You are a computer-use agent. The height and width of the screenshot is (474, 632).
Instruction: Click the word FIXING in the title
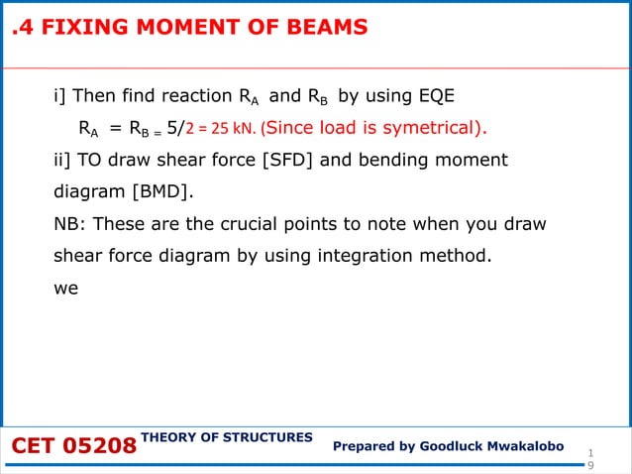tap(78, 28)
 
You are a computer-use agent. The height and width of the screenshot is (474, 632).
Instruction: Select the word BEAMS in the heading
tap(323, 28)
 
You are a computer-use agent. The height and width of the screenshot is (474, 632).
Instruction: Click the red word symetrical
tap(430, 129)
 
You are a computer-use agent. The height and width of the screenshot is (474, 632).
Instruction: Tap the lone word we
tap(64, 287)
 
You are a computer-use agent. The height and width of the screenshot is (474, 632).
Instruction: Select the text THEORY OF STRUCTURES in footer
tap(227, 437)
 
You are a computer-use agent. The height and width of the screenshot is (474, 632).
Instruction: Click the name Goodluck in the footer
tap(452, 447)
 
